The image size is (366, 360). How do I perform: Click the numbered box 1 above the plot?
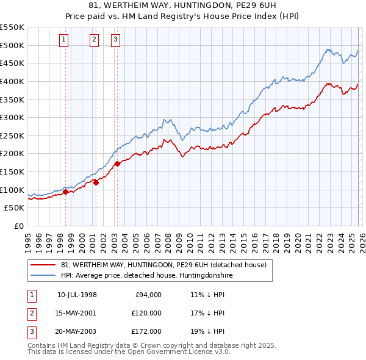point(64,40)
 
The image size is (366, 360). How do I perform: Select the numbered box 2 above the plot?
point(95,40)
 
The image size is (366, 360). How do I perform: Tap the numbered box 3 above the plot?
point(116,40)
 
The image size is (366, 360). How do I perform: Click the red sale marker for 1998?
point(65,192)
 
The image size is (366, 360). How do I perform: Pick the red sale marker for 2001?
point(96,182)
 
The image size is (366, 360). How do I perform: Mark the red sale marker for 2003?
point(117,163)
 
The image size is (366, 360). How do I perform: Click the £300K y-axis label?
point(12,117)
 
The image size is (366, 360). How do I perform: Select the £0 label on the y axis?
point(20,226)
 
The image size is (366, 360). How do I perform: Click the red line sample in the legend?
point(43,265)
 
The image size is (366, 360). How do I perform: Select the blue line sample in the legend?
point(43,276)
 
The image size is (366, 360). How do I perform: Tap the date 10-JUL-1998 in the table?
point(77,295)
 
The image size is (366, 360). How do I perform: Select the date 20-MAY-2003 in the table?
point(77,331)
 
